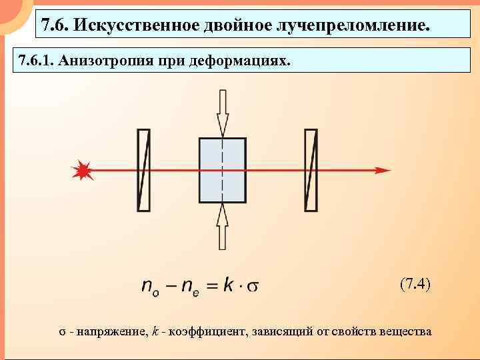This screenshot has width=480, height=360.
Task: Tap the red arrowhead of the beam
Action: click(x=383, y=170)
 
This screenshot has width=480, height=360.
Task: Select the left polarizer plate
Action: click(x=143, y=170)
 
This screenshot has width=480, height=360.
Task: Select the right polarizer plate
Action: click(x=310, y=170)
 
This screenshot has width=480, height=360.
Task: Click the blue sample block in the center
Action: click(x=223, y=170)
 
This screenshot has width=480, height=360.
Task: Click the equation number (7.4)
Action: click(x=415, y=284)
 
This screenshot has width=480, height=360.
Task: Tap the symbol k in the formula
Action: click(x=229, y=285)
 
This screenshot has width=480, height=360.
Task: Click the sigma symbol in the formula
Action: click(x=253, y=287)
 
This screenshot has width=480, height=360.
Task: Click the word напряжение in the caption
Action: click(x=111, y=331)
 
